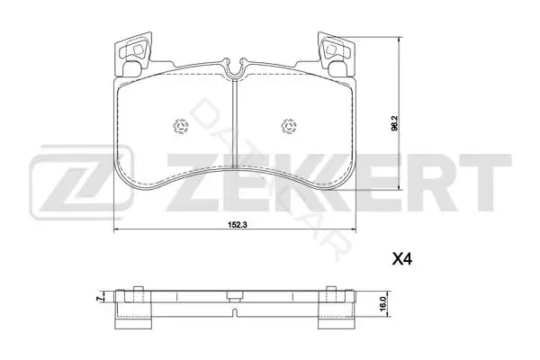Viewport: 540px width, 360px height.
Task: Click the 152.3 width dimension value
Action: [235, 225]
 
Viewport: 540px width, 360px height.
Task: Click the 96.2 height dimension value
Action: [395, 123]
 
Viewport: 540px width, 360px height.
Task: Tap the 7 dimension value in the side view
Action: [100, 299]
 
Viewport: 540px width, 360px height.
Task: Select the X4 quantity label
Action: [402, 258]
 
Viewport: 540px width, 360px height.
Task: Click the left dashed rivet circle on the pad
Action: [180, 126]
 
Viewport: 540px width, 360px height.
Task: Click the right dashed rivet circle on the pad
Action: [289, 126]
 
